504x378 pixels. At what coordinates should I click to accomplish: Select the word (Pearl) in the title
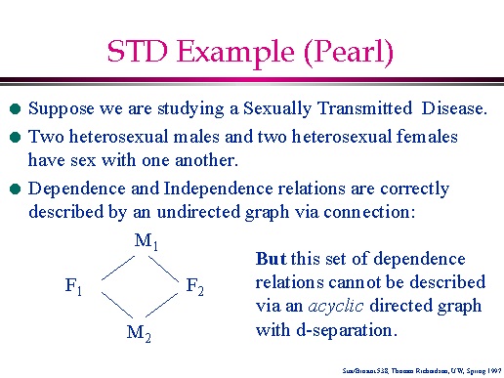click(345, 51)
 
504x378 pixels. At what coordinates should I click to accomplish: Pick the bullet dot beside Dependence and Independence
click(14, 189)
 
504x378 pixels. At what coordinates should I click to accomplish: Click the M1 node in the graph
click(146, 240)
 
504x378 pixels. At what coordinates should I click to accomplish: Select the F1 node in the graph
click(74, 286)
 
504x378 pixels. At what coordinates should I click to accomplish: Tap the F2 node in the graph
click(195, 286)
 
